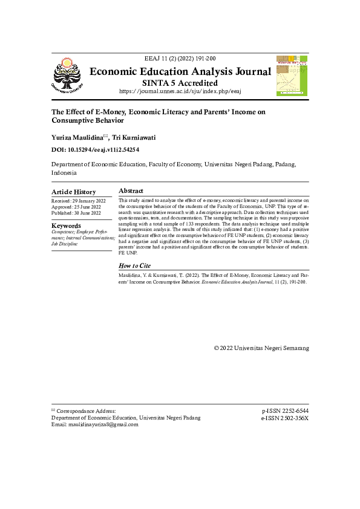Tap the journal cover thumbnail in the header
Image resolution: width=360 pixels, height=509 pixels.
(292, 76)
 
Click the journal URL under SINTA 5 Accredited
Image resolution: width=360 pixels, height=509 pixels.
(180, 91)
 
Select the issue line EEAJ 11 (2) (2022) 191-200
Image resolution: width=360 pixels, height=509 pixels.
(180, 59)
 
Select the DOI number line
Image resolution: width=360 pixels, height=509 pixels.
(96, 149)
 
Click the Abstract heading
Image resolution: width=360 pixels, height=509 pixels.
(131, 191)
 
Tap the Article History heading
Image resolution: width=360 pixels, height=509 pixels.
(73, 192)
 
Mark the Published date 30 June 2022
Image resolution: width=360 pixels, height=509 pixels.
(77, 213)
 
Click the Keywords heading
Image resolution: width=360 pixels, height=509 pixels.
(66, 226)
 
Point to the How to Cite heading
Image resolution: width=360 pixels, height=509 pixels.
(134, 265)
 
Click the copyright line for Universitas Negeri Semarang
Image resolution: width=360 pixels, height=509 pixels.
(261, 348)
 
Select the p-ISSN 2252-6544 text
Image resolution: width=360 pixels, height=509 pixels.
(284, 410)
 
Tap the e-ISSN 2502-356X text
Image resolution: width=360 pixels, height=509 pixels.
(284, 418)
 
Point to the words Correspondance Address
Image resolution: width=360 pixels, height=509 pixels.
(85, 410)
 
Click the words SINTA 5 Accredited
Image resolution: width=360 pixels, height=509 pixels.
(180, 83)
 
